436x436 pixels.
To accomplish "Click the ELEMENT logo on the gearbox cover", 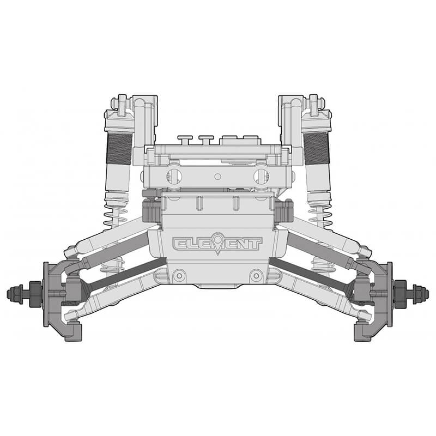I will point(217,244).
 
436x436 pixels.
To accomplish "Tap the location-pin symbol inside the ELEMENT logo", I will point(219,243).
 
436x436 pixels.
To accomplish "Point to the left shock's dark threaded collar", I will point(119,149).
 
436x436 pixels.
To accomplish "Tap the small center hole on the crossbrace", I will point(217,176).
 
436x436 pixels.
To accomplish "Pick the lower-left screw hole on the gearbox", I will point(178,276).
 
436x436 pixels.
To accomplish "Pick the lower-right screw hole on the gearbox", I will point(255,276).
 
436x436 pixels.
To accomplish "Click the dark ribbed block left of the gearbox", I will point(152,210).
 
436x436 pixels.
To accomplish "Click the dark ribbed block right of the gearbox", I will point(284,210).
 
